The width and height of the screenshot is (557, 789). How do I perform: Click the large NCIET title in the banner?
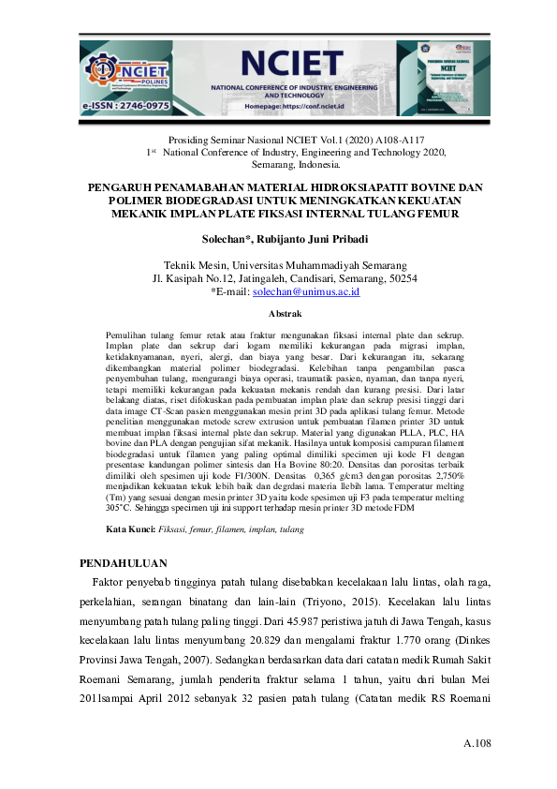tap(291, 63)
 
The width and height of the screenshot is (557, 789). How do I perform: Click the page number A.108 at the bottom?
tap(476, 744)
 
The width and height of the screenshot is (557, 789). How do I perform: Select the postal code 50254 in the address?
tap(403, 278)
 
